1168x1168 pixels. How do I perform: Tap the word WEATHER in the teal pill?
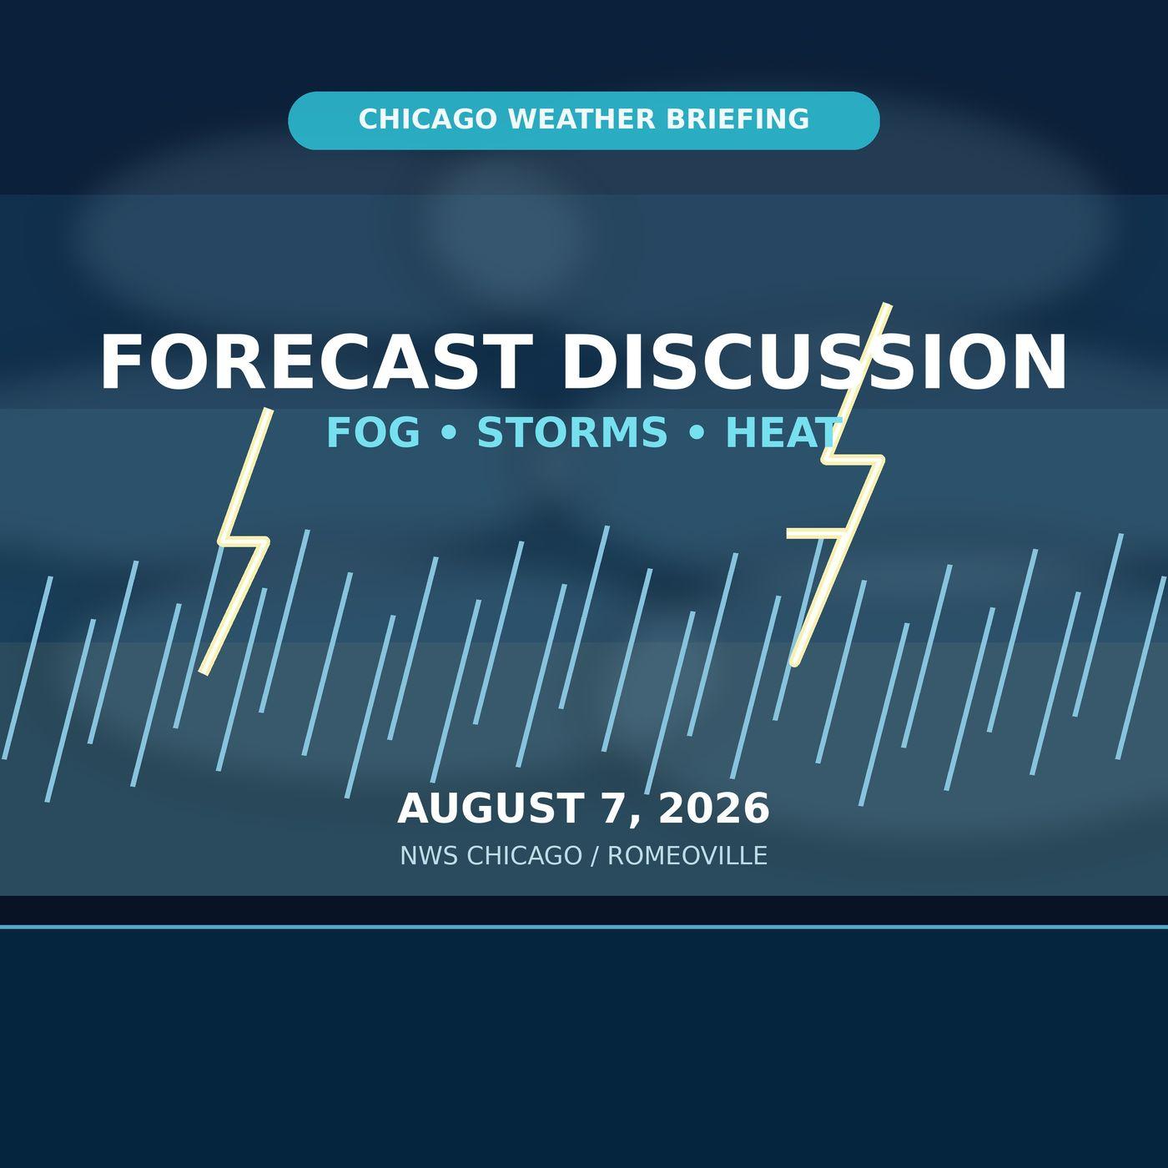(581, 118)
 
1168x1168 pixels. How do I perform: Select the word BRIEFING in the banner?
(738, 118)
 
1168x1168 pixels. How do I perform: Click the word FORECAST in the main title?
(316, 362)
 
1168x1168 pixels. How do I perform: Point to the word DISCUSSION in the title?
(814, 362)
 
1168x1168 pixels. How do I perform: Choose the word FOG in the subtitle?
(374, 432)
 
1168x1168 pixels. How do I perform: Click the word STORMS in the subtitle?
(572, 432)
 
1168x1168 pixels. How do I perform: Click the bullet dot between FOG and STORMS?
(449, 434)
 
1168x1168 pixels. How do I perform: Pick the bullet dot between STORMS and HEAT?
(697, 434)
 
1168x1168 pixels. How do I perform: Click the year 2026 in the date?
(714, 808)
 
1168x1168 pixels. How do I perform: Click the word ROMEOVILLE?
(687, 856)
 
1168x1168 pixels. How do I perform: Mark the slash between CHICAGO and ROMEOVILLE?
(595, 856)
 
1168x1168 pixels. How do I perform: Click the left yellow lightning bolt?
(244, 541)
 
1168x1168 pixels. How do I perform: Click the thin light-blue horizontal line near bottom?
(584, 928)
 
